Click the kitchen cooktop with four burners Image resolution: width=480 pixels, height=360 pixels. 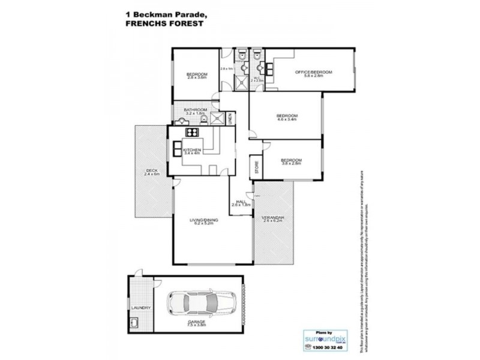[x=192, y=133]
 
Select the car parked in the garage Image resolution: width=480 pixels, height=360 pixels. [x=195, y=304]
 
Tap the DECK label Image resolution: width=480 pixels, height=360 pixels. [x=151, y=170]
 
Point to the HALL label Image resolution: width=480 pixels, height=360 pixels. [x=241, y=202]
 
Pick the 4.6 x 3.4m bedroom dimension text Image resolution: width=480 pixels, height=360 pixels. [x=287, y=120]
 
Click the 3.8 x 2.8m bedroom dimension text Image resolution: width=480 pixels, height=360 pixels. [x=291, y=164]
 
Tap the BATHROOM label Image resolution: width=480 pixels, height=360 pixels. [x=196, y=109]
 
